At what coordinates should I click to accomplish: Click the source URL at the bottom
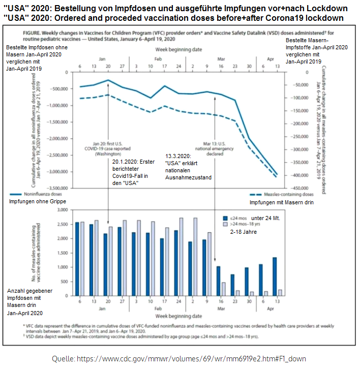tap(179, 359)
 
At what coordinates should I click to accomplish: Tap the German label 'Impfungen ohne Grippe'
tap(38, 202)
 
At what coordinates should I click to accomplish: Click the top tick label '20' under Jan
tap(108, 67)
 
